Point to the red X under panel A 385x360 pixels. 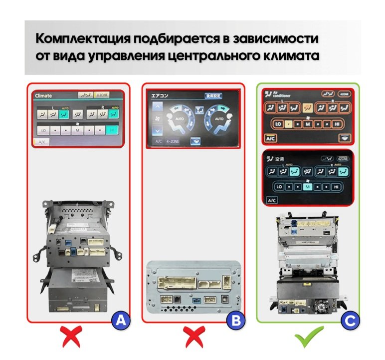pyautogui.click(x=73, y=338)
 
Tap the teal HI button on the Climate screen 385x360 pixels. pyautogui.click(x=112, y=130)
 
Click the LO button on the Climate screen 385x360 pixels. pyautogui.click(x=44, y=130)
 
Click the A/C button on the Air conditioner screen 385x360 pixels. pyautogui.click(x=271, y=138)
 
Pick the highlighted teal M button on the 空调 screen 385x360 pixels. pyautogui.click(x=307, y=187)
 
